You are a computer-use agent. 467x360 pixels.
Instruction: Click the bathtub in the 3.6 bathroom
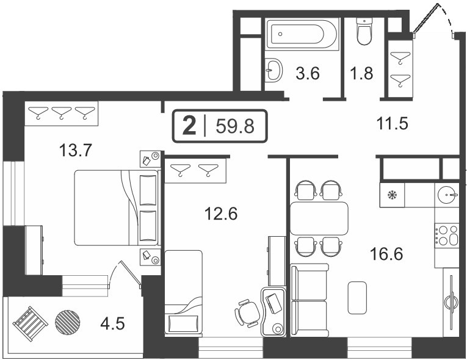pyautogui.click(x=302, y=34)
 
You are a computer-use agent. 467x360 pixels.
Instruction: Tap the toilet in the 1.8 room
pyautogui.click(x=364, y=32)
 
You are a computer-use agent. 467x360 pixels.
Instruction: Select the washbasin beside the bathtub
pyautogui.click(x=273, y=70)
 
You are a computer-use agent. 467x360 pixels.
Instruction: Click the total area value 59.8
pyautogui.click(x=235, y=126)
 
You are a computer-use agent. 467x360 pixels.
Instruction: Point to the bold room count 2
pyautogui.click(x=189, y=125)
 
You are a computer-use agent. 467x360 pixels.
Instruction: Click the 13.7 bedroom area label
pyautogui.click(x=76, y=150)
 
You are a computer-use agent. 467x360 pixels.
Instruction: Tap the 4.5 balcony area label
pyautogui.click(x=112, y=323)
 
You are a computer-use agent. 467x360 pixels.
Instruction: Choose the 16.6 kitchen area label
pyautogui.click(x=386, y=254)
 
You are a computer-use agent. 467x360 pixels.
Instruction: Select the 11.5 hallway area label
pyautogui.click(x=392, y=124)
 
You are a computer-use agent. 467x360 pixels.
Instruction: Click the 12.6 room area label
pyautogui.click(x=221, y=214)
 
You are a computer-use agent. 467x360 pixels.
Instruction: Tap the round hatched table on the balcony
pyautogui.click(x=68, y=323)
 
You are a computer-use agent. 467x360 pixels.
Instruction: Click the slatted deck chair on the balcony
pyautogui.click(x=31, y=323)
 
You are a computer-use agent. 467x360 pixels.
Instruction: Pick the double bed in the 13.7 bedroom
pyautogui.click(x=117, y=208)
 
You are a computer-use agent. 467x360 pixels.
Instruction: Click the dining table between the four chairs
pyautogui.click(x=319, y=218)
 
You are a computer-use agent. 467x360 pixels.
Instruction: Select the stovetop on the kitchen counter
pyautogui.click(x=446, y=236)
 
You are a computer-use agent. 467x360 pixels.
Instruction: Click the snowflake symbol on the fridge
pyautogui.click(x=392, y=195)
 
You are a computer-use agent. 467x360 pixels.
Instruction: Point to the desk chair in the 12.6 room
pyautogui.click(x=247, y=313)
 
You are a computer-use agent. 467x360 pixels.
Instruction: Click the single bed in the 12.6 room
pyautogui.click(x=184, y=293)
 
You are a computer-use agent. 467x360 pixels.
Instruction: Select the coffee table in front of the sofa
pyautogui.click(x=357, y=298)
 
